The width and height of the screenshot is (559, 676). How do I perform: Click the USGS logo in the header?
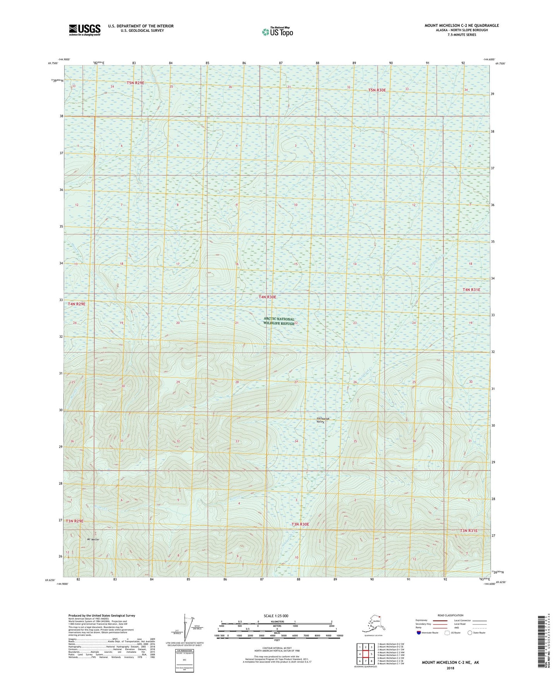point(84,30)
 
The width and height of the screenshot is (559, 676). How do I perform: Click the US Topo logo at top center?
point(277,31)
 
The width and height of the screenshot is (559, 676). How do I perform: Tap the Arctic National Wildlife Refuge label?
point(279,321)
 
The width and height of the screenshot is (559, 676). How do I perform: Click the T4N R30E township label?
point(267,297)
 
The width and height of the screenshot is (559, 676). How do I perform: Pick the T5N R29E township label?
point(135,83)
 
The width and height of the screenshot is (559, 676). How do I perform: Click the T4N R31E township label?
point(471,290)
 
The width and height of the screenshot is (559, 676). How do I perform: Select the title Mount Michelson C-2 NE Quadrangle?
point(462,26)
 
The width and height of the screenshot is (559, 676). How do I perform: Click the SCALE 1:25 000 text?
point(276,616)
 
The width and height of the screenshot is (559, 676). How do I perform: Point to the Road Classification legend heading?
point(450,615)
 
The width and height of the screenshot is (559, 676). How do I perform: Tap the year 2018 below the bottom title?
point(450,668)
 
